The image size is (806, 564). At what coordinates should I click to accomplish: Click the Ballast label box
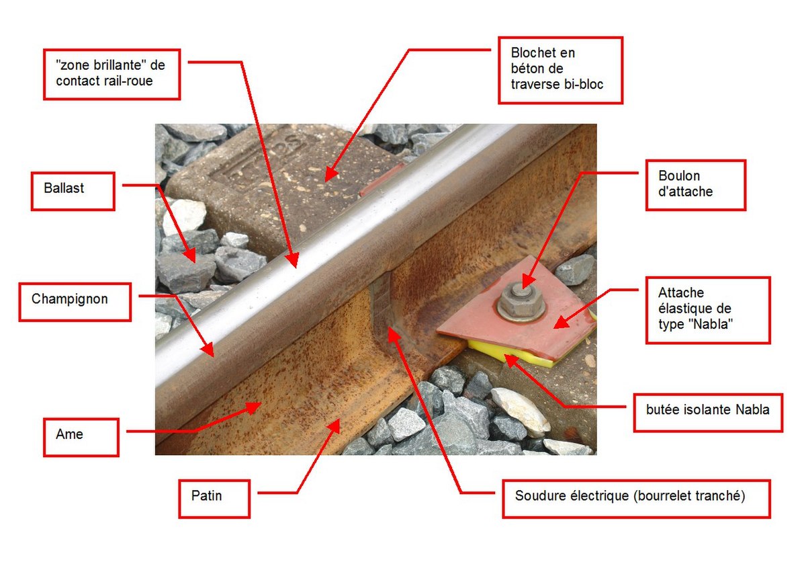coord(73,191)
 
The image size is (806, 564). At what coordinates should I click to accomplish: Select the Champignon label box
coord(75,303)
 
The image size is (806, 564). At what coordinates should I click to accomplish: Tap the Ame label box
coord(81,437)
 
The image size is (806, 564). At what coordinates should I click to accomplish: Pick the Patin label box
coord(214,499)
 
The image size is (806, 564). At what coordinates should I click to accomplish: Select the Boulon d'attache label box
coord(696,185)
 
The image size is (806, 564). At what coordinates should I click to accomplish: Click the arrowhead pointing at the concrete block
coord(330,175)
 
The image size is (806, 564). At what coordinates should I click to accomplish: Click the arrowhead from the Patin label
coord(334,426)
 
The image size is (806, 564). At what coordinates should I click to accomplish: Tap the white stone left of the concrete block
coord(184,217)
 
